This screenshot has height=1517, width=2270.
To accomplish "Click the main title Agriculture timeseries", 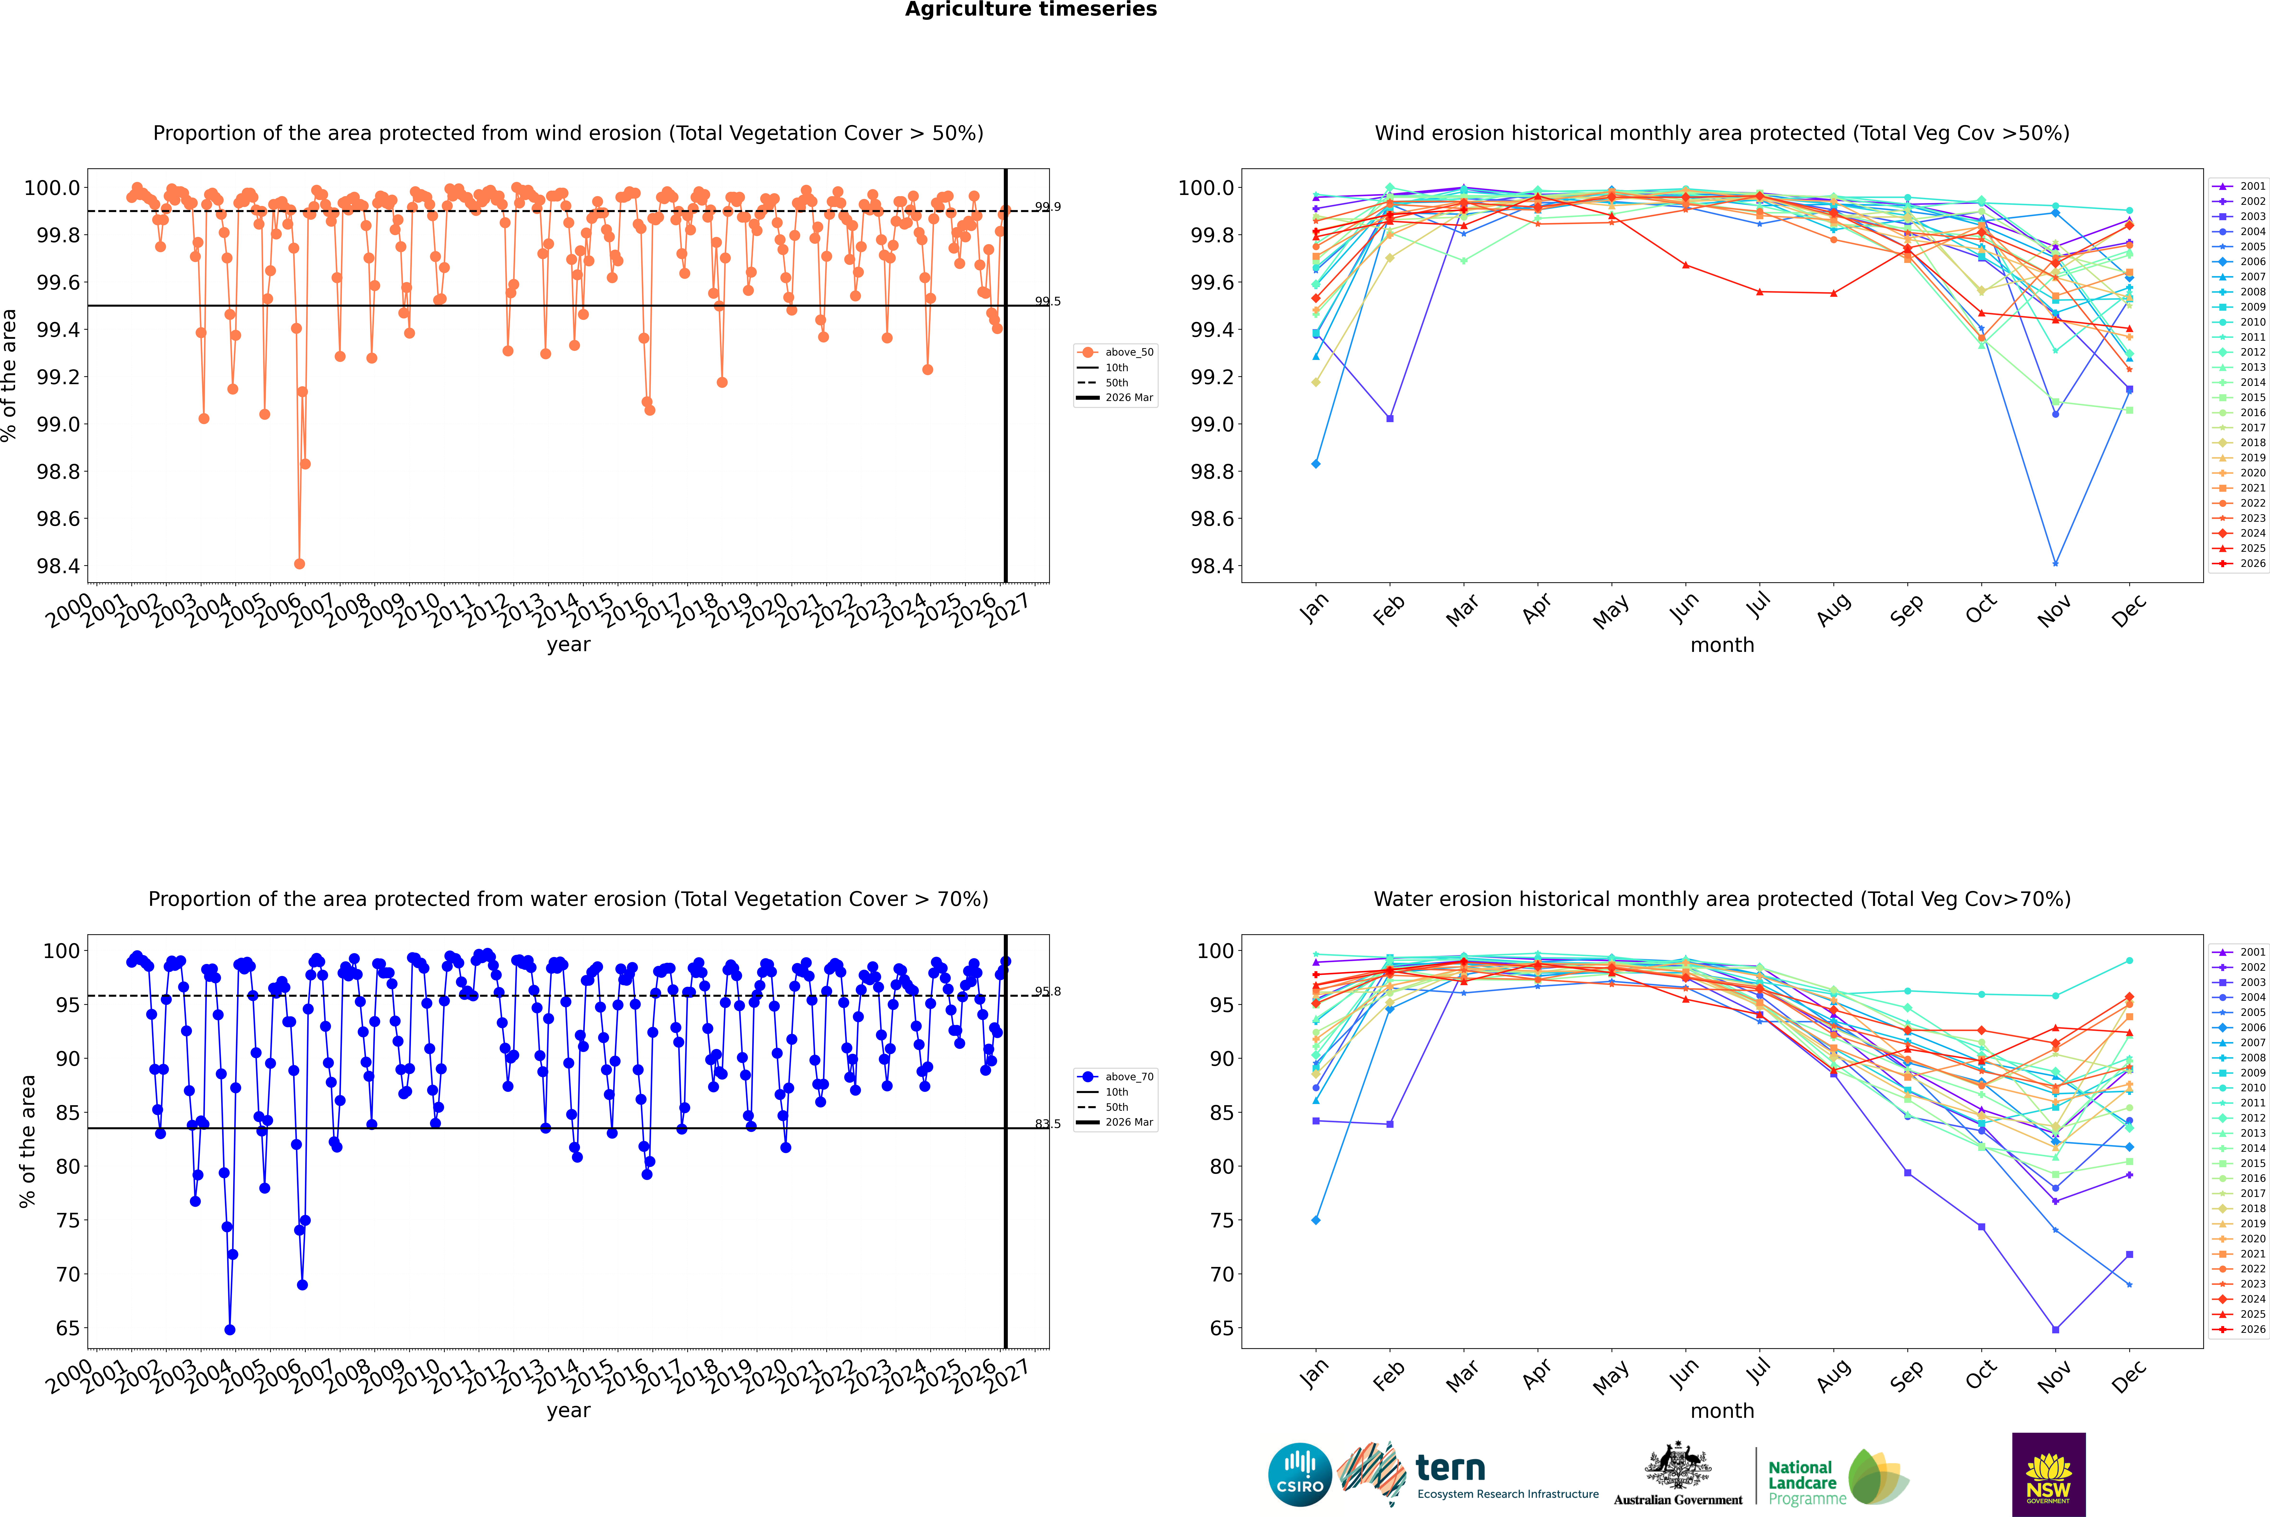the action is tap(1030, 10).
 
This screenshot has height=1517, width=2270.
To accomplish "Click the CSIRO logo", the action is tap(1300, 1475).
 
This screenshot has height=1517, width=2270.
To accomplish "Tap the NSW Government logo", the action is tap(2048, 1475).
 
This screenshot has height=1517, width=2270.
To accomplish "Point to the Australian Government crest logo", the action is tap(1678, 1475).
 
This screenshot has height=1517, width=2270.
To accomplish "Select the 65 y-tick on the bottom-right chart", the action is tap(1222, 1328).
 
